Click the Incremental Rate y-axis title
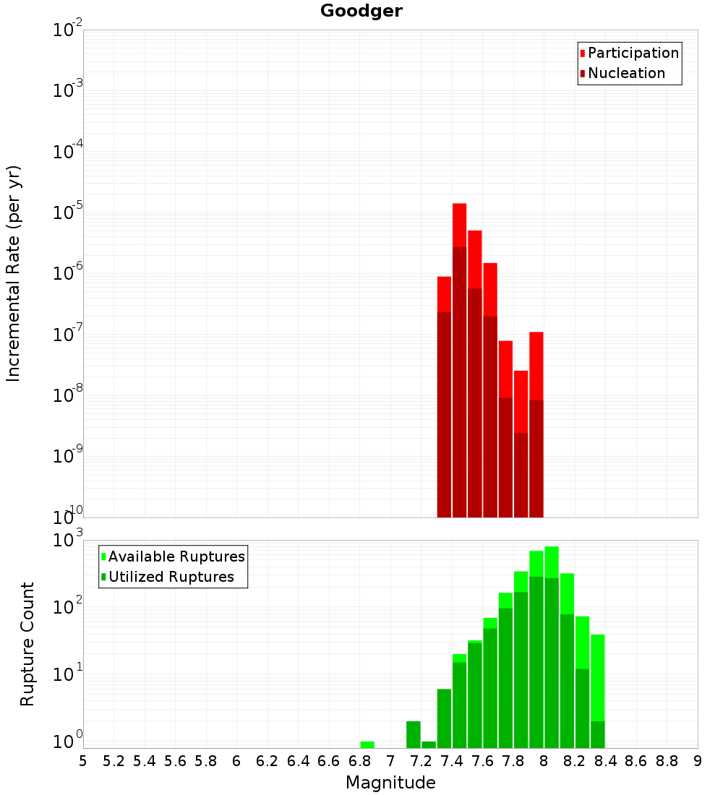[x=14, y=274]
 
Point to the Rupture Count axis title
[x=27, y=644]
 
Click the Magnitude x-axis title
[x=390, y=783]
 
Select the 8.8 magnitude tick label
[x=667, y=761]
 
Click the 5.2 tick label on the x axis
[x=114, y=761]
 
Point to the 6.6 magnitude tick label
[x=329, y=761]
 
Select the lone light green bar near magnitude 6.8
[x=367, y=744]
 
